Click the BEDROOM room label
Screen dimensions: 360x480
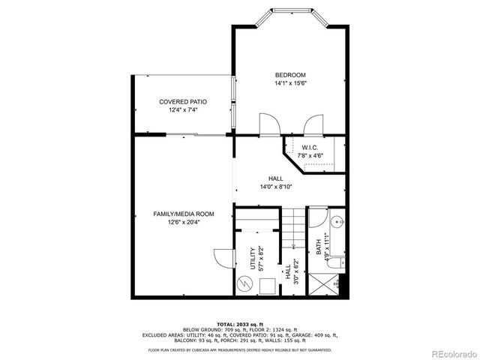click(290, 75)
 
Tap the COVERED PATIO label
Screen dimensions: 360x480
click(183, 101)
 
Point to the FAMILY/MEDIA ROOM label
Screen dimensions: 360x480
click(178, 214)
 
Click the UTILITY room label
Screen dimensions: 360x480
click(252, 258)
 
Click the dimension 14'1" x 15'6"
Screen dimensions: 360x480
click(290, 84)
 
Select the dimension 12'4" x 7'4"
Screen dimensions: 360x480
click(183, 110)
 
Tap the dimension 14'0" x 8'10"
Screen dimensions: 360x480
click(276, 187)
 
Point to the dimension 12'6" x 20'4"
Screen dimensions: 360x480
click(178, 222)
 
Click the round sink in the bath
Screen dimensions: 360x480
click(336, 222)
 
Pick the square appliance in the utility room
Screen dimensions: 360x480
click(265, 285)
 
